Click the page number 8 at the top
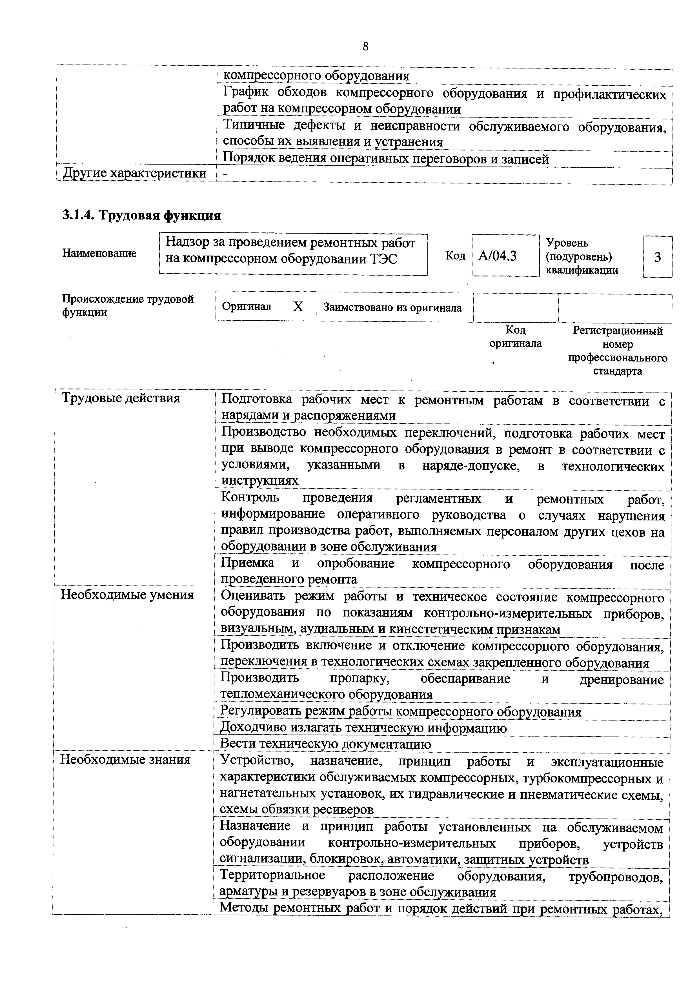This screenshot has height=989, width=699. tap(366, 46)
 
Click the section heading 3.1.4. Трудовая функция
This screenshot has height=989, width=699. tap(142, 215)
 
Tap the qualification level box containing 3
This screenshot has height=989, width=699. tap(657, 257)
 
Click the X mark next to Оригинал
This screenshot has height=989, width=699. tap(298, 306)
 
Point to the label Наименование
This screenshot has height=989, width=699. tap(99, 253)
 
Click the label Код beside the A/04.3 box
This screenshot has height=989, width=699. tap(455, 256)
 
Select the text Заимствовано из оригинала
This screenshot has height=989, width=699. tap(392, 308)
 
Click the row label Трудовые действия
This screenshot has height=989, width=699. tap(121, 398)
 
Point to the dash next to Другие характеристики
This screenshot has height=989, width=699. tap(225, 174)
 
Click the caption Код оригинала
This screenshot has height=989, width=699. tap(516, 337)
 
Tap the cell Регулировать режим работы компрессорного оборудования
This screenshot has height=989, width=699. tap(401, 711)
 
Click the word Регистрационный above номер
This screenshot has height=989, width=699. tap(618, 331)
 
